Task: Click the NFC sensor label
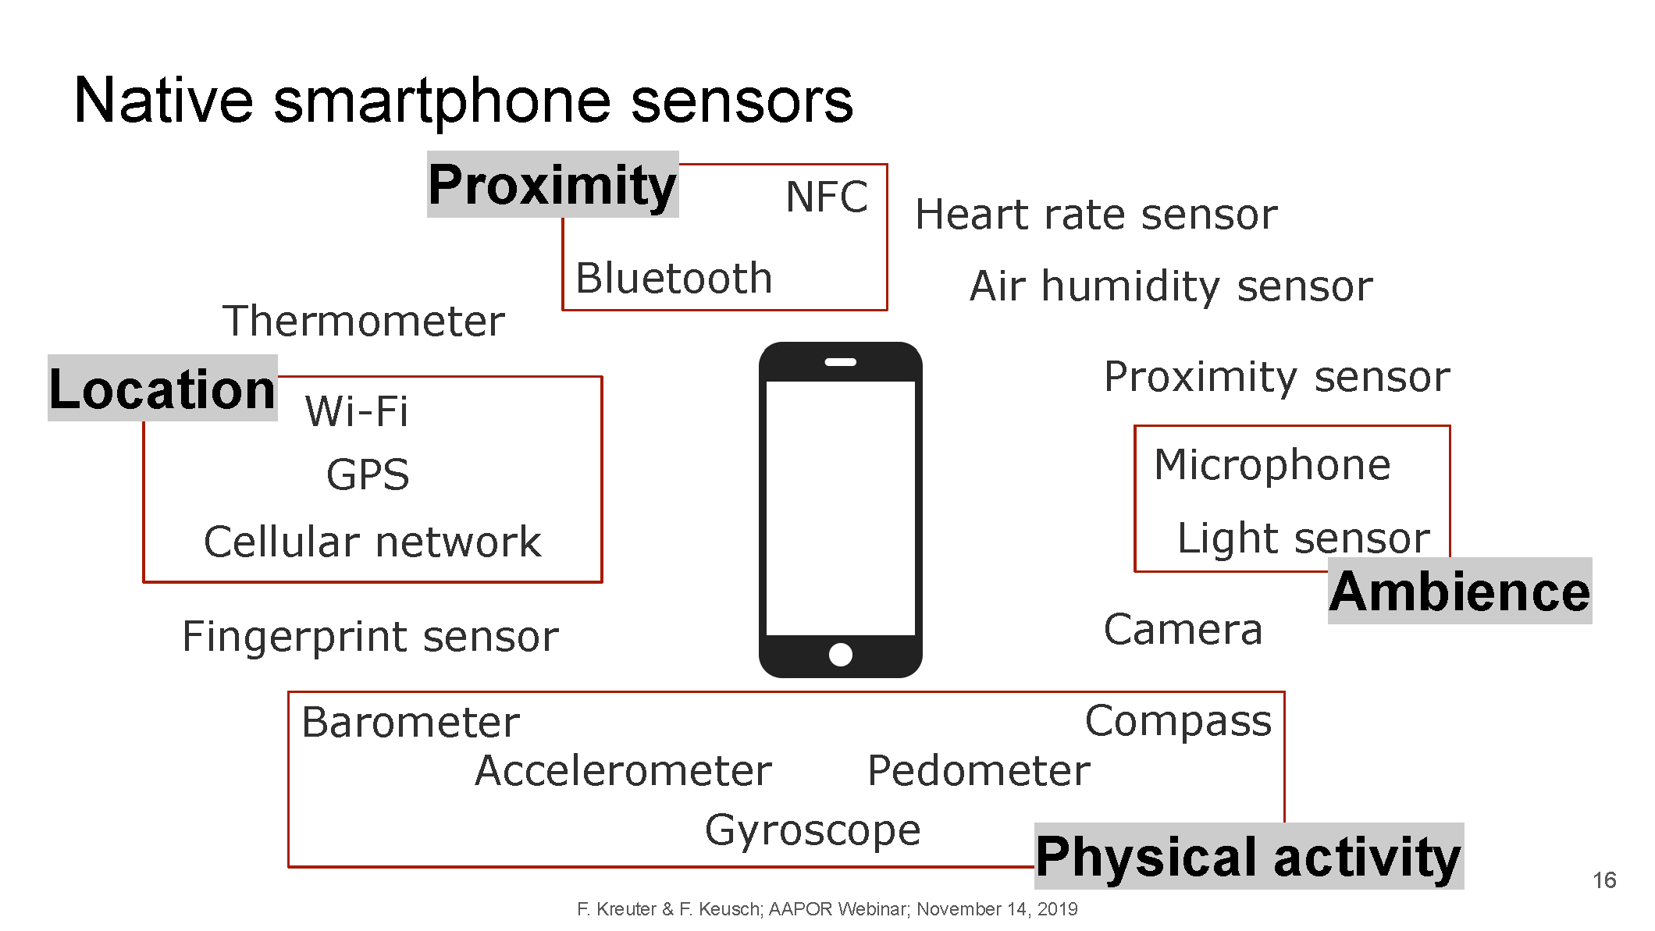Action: point(827,197)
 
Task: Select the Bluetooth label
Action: point(674,278)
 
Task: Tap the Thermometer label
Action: point(364,321)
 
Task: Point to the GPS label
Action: point(368,474)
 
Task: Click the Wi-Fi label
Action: point(357,411)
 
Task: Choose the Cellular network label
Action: point(372,542)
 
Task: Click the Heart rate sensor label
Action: point(1097,215)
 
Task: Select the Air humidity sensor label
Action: point(1171,287)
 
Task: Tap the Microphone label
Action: point(1272,466)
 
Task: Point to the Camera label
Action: point(1183,630)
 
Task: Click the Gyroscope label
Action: point(813,830)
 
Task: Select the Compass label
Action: point(1178,722)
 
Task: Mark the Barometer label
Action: point(411,722)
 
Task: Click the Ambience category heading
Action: point(1460,591)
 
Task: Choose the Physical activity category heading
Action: point(1249,857)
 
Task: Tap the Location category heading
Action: point(162,389)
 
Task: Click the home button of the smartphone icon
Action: point(841,655)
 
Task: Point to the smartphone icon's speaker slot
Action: point(841,362)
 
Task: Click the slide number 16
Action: point(1604,880)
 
